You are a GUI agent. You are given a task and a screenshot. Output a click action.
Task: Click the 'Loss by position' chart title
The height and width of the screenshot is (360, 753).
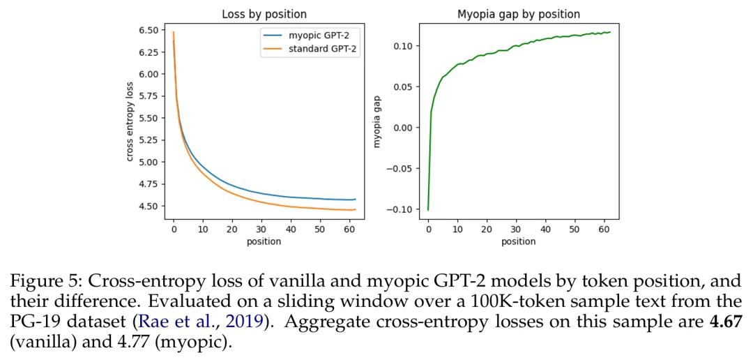264,14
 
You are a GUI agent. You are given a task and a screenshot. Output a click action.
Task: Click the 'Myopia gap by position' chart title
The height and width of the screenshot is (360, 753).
518,14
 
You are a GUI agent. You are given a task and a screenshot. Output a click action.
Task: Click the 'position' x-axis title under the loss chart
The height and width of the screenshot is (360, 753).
264,241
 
